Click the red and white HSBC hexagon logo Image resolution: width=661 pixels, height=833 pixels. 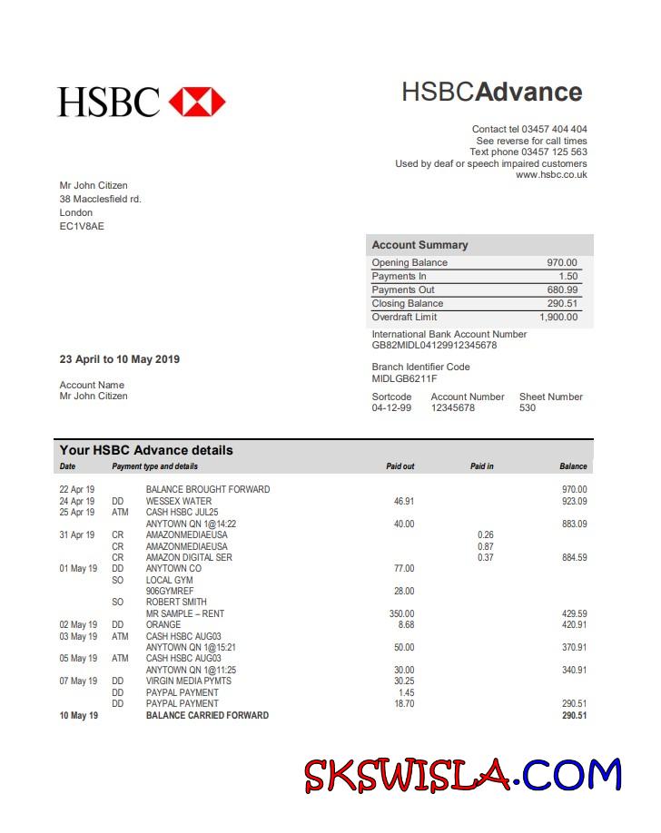click(x=197, y=102)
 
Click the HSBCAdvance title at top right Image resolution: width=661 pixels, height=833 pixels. click(x=491, y=92)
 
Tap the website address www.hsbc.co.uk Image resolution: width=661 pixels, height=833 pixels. click(x=551, y=175)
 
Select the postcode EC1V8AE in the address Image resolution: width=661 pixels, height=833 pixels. click(x=82, y=226)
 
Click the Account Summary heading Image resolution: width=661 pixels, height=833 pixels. click(x=419, y=245)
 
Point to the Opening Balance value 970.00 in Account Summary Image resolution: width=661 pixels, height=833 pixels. click(x=561, y=263)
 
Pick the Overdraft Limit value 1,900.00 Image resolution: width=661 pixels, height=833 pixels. click(x=557, y=318)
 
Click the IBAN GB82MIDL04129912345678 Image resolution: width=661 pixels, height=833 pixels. click(x=434, y=346)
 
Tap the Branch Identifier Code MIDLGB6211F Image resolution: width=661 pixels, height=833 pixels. click(x=404, y=378)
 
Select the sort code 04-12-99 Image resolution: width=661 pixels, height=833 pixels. click(x=391, y=408)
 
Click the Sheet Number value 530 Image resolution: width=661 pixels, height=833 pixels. click(x=528, y=408)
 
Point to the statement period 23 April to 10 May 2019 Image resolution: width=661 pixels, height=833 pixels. click(x=120, y=359)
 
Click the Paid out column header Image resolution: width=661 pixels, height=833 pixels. click(x=400, y=466)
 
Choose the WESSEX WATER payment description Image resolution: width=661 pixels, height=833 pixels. click(x=179, y=501)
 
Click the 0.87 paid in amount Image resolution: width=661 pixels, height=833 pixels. click(x=486, y=546)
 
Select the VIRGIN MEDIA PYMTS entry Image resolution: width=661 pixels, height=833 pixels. click(x=189, y=681)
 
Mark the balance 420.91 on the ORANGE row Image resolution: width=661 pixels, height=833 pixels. click(x=574, y=625)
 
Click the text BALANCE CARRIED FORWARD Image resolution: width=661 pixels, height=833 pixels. click(x=207, y=715)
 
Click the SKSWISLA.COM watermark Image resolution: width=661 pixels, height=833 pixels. click(x=462, y=775)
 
